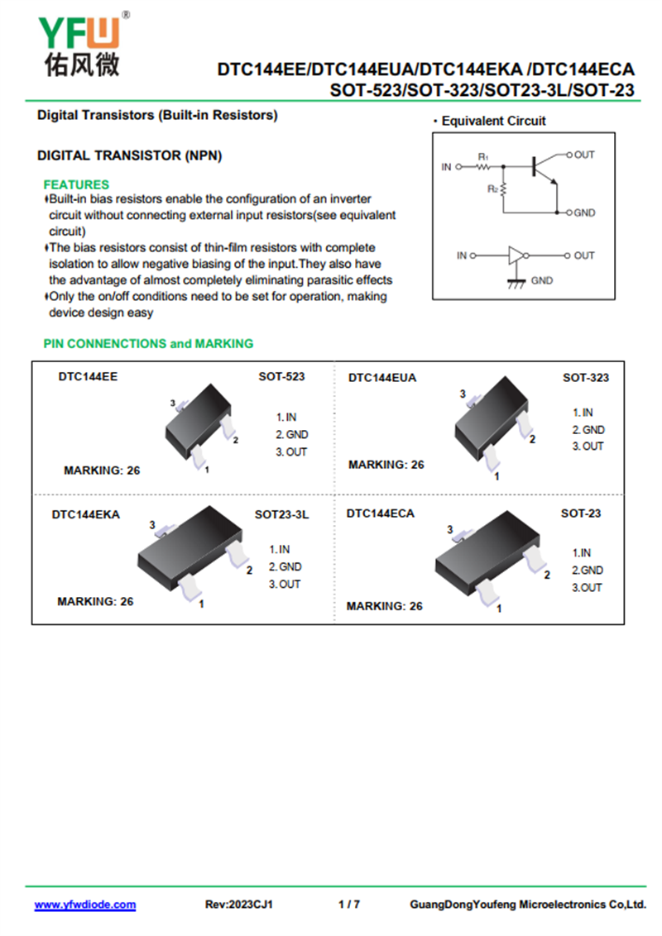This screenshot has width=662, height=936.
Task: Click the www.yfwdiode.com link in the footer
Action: click(84, 905)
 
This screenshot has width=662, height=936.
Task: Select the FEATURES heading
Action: click(76, 184)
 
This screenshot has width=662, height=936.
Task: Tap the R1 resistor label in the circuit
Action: click(483, 156)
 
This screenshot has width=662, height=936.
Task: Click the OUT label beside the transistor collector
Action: click(584, 155)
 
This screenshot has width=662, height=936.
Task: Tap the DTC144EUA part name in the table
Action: click(382, 378)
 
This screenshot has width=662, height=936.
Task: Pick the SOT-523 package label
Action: click(281, 376)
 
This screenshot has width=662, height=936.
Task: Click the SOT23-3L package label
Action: click(281, 514)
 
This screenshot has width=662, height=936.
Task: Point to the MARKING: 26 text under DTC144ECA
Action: click(384, 606)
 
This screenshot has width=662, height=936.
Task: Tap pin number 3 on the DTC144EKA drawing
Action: click(152, 525)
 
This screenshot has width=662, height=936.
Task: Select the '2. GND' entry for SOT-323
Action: click(588, 430)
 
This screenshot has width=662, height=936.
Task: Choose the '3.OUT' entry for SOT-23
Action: click(588, 588)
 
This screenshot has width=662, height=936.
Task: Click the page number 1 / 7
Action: click(349, 905)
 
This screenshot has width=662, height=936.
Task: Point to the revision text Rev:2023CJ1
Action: click(239, 905)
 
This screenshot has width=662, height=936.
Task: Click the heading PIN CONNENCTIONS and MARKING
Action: click(148, 343)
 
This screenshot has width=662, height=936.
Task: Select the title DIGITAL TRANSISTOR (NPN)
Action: click(130, 155)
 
